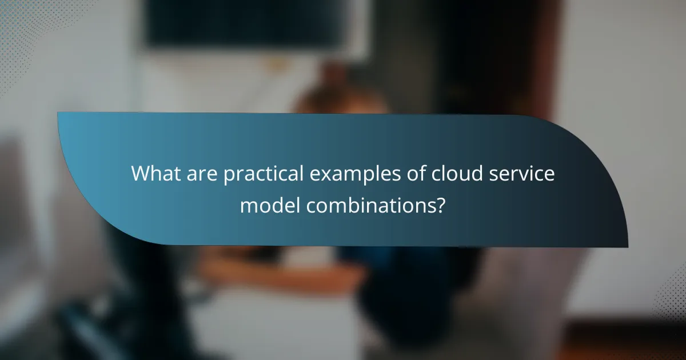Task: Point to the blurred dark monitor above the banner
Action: [x=246, y=23]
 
